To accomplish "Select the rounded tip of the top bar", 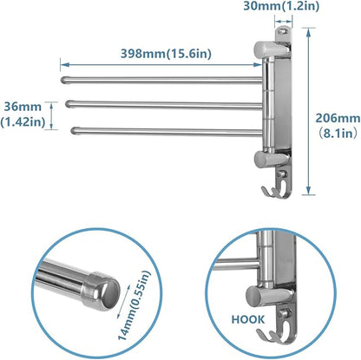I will coord(65,81).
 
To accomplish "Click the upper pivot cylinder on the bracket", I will coord(262,50).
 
